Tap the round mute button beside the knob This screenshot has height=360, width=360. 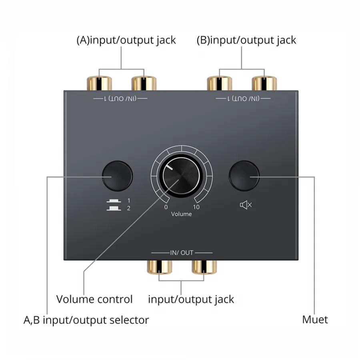(x=244, y=176)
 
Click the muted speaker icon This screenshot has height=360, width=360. (x=246, y=204)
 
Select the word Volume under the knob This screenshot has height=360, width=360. (x=181, y=214)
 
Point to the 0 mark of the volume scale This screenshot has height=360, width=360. (x=166, y=207)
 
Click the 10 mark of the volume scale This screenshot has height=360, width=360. (x=196, y=207)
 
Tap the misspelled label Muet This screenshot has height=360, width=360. (x=315, y=320)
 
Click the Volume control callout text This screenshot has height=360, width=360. (x=94, y=299)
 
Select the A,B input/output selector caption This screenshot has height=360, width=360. (x=86, y=320)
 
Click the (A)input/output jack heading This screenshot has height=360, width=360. (x=126, y=40)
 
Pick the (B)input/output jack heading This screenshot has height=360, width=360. (x=246, y=40)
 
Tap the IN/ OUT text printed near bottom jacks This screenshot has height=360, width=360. (x=182, y=253)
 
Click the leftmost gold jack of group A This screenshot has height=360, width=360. (x=99, y=83)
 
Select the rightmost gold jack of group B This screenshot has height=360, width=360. (x=264, y=83)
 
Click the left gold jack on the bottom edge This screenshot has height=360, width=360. (x=159, y=267)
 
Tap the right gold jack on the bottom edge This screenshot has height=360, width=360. (x=204, y=267)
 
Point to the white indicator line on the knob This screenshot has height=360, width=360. (x=170, y=167)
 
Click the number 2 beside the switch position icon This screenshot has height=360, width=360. (x=128, y=208)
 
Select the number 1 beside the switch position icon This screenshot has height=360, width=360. (x=129, y=201)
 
